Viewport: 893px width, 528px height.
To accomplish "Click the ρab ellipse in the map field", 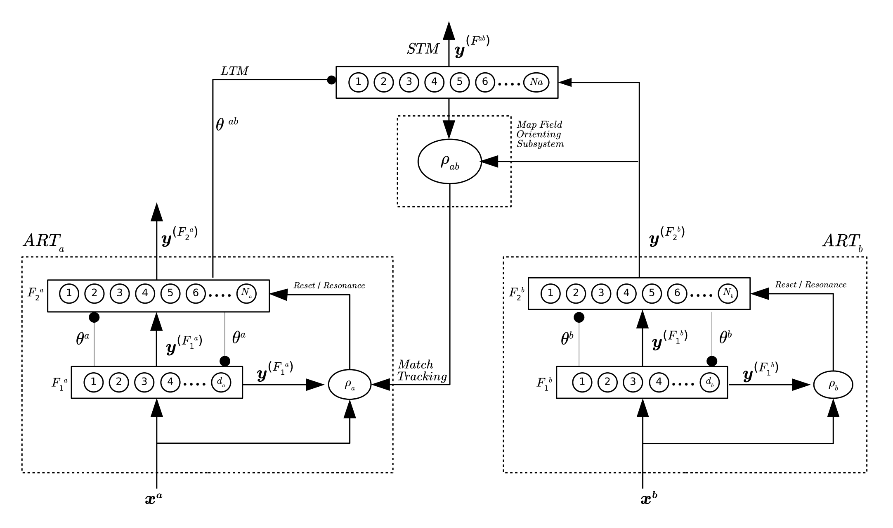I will tap(449, 162).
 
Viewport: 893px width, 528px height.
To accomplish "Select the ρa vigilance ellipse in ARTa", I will tap(350, 385).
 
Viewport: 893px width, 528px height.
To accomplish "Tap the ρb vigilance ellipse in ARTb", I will tap(833, 385).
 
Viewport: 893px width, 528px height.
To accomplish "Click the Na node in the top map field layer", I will tap(536, 82).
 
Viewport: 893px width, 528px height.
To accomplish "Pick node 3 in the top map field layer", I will tap(409, 82).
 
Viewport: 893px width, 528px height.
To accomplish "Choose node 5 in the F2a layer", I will tap(170, 293).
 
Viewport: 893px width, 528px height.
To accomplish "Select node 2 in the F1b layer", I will tap(607, 382).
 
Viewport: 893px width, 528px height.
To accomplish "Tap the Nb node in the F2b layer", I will tap(728, 293).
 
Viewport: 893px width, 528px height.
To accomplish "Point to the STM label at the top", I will tap(423, 49).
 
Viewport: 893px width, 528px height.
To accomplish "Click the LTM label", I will tap(234, 71).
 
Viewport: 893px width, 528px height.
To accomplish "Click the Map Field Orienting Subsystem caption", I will tap(540, 134).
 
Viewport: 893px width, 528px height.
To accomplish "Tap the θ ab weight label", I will tap(227, 124).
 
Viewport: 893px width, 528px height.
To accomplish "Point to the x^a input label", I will tap(154, 499).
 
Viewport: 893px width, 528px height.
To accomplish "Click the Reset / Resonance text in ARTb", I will tap(810, 285).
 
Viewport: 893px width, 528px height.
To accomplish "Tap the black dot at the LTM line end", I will tap(331, 80).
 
